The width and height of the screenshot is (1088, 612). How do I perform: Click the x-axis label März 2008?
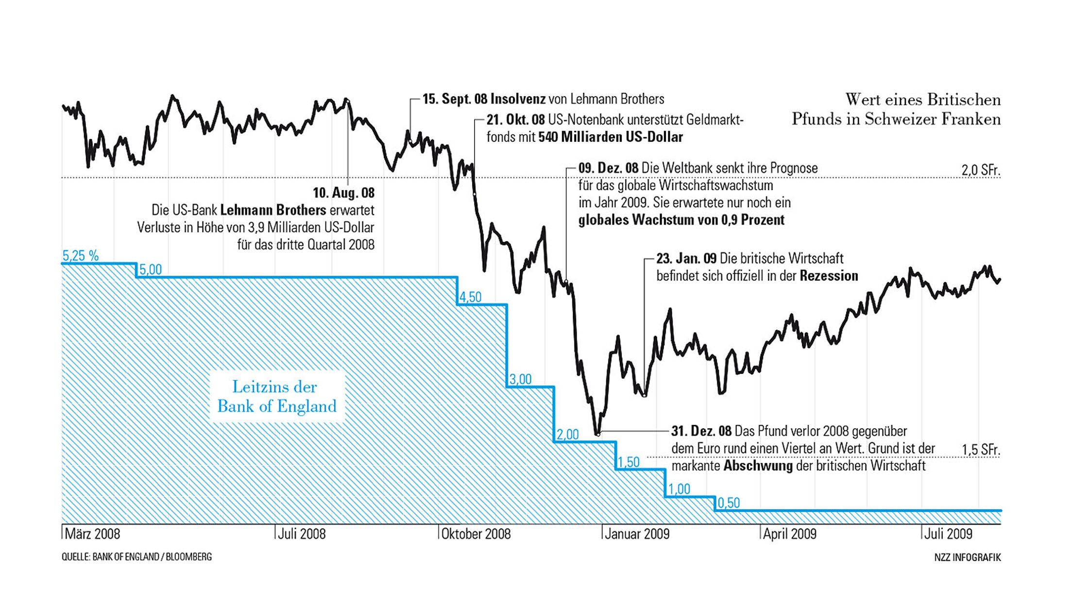click(x=92, y=534)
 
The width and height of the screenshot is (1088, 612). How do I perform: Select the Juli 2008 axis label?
click(x=302, y=534)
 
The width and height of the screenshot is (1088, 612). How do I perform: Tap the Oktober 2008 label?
click(x=476, y=534)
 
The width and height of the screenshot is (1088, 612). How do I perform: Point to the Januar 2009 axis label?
click(x=637, y=534)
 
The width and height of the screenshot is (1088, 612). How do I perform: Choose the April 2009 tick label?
click(x=790, y=534)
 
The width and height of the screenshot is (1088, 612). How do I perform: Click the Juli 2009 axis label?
click(x=948, y=534)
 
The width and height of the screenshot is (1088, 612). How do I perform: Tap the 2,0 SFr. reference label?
click(x=981, y=170)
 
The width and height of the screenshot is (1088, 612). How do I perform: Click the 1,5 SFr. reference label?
click(x=981, y=450)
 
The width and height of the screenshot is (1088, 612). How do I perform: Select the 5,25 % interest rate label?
click(x=81, y=256)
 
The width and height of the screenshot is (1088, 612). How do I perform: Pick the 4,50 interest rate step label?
click(x=470, y=297)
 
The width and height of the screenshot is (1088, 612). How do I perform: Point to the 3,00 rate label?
click(x=520, y=379)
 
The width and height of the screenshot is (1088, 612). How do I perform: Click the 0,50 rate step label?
click(x=729, y=503)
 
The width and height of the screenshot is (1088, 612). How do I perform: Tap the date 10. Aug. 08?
click(x=343, y=193)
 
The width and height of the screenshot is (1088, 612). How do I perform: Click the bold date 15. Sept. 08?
click(x=455, y=99)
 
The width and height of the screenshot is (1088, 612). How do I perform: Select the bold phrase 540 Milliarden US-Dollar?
click(x=611, y=137)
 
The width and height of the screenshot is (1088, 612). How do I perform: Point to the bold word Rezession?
click(x=829, y=276)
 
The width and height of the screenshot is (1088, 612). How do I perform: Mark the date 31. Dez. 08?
click(x=701, y=431)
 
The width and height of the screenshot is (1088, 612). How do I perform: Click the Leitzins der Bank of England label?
click(x=277, y=397)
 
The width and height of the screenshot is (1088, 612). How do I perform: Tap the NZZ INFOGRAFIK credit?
click(x=968, y=558)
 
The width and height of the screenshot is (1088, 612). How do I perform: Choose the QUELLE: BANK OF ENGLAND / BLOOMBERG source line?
click(x=136, y=557)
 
